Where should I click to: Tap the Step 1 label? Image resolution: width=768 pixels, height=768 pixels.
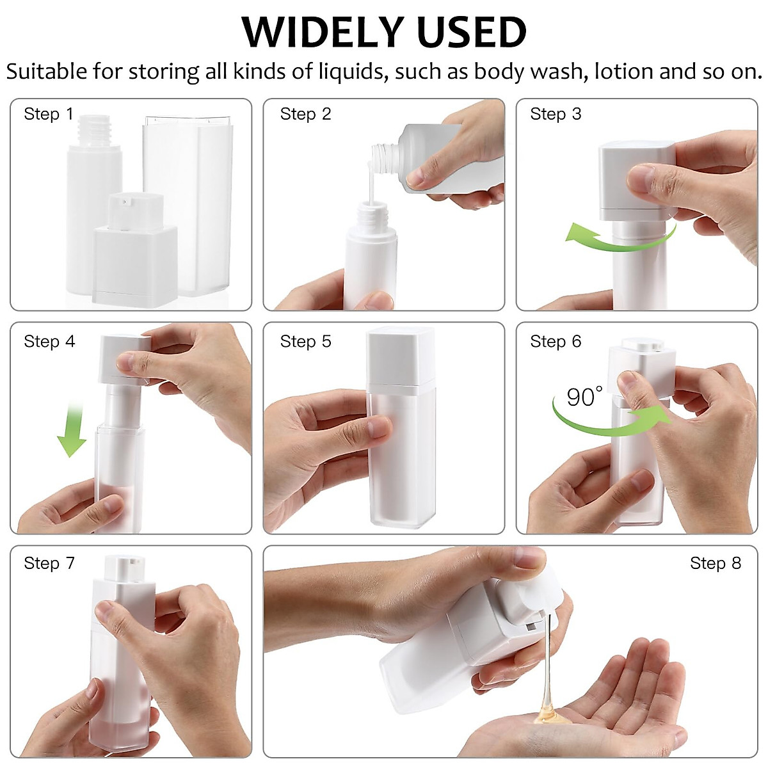(49, 114)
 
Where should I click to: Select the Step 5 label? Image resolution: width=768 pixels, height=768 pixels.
(305, 341)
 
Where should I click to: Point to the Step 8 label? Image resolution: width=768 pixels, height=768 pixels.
(715, 563)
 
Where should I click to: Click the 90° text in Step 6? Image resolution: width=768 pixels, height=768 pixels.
(584, 397)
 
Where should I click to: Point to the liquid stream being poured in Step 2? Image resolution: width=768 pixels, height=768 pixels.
(370, 186)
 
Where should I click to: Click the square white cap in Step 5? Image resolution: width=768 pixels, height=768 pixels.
(401, 355)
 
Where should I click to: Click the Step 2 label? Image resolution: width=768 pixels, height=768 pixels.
(305, 114)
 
